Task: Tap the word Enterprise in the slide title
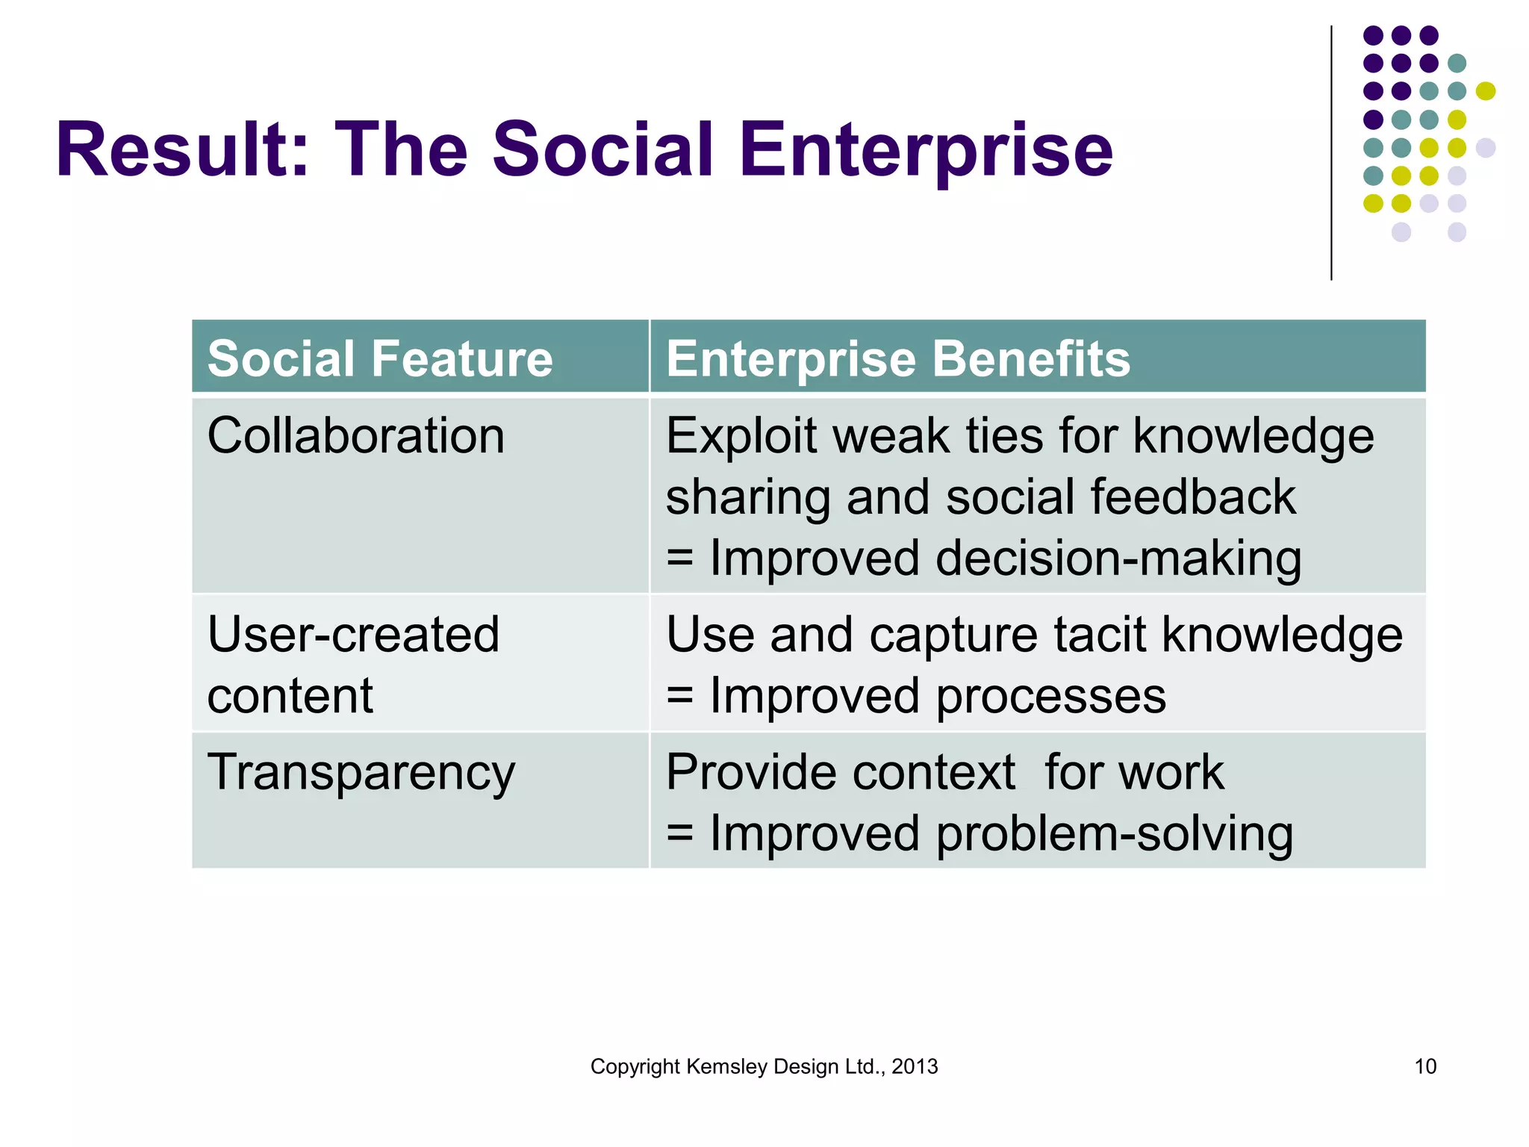pyautogui.click(x=926, y=152)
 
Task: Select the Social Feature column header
pyautogui.click(x=380, y=358)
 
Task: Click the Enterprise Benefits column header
pyautogui.click(x=898, y=358)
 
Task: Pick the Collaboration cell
pyautogui.click(x=356, y=436)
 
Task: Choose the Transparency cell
pyautogui.click(x=361, y=774)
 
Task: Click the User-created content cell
pyautogui.click(x=353, y=665)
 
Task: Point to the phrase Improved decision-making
pyautogui.click(x=1005, y=559)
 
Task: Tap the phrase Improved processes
pyautogui.click(x=937, y=696)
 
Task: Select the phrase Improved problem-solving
pyautogui.click(x=1000, y=834)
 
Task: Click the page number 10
pyautogui.click(x=1424, y=1066)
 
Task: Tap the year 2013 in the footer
pyautogui.click(x=915, y=1066)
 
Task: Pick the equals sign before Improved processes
pyautogui.click(x=679, y=696)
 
